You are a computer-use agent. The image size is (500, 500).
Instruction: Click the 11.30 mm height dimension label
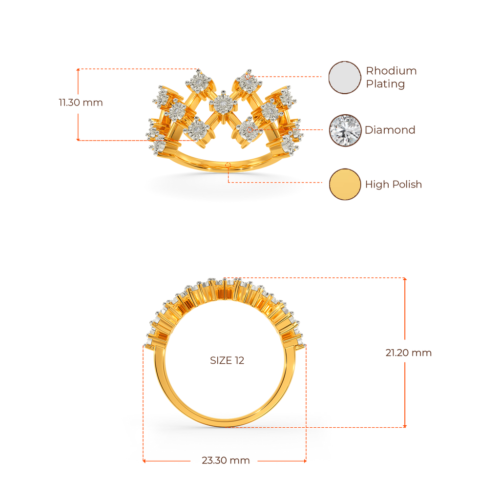(81, 103)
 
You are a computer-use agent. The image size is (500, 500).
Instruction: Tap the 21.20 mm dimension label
(409, 353)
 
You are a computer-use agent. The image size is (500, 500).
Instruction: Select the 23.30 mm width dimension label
(226, 460)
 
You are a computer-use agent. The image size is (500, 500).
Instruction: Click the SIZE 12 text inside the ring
(227, 360)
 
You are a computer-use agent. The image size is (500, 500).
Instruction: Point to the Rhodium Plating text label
(391, 77)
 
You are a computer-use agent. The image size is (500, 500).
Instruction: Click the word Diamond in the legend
(390, 130)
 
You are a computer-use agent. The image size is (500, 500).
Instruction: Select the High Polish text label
(394, 184)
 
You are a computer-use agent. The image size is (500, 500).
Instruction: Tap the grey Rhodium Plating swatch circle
(345, 78)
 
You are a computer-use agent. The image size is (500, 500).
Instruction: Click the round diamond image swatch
(345, 130)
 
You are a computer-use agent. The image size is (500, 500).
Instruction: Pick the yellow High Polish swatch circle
(345, 184)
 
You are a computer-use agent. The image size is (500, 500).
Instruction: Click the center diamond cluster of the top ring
(223, 104)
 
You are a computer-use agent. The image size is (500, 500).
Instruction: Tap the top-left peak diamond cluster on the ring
(199, 82)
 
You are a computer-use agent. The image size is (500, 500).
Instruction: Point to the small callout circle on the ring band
(228, 165)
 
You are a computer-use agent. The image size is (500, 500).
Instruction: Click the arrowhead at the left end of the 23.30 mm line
(144, 461)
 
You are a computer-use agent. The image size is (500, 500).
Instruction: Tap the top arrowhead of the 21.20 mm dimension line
(405, 279)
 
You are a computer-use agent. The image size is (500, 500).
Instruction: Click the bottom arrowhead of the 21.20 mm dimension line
(405, 426)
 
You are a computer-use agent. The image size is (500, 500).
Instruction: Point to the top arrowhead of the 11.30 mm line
(78, 70)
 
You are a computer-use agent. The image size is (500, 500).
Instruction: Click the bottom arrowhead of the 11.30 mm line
(78, 139)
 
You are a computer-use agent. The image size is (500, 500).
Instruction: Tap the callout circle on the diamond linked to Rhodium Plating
(249, 77)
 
